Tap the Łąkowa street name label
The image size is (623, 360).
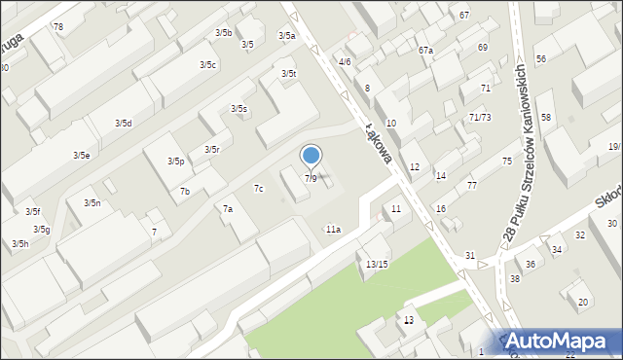point(378,139)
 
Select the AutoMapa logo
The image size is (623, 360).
point(561,342)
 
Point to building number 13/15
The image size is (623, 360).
point(377,265)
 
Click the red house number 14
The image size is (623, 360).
point(441,176)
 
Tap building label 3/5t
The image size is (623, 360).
point(289,74)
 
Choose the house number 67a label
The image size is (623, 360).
point(425,50)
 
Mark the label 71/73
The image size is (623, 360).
point(479,117)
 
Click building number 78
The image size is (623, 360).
point(58,26)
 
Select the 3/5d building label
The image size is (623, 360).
point(124,124)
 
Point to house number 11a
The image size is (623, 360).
point(333,230)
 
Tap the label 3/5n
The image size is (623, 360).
point(92,203)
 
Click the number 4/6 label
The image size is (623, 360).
point(345,62)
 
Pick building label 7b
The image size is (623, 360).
point(184,192)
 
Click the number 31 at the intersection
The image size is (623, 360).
point(470,256)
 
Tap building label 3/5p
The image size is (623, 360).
point(176,162)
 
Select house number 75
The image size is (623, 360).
point(507,161)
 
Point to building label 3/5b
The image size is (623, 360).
point(224,33)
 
